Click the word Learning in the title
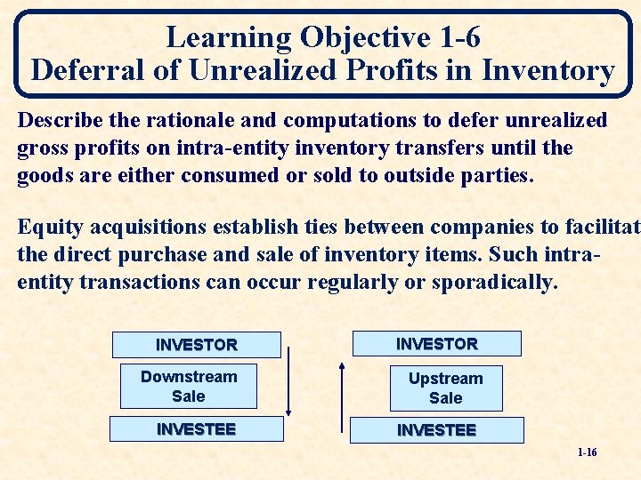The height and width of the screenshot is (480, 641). [228, 37]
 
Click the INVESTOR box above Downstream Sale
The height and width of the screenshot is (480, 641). [197, 345]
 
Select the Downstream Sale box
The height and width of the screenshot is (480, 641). [189, 387]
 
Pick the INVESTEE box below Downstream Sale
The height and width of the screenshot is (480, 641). [196, 429]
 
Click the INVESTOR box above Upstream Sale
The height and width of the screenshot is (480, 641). [436, 344]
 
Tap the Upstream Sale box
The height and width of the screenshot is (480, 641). [445, 388]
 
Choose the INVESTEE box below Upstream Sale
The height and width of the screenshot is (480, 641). [436, 430]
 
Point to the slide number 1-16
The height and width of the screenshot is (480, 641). [587, 452]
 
